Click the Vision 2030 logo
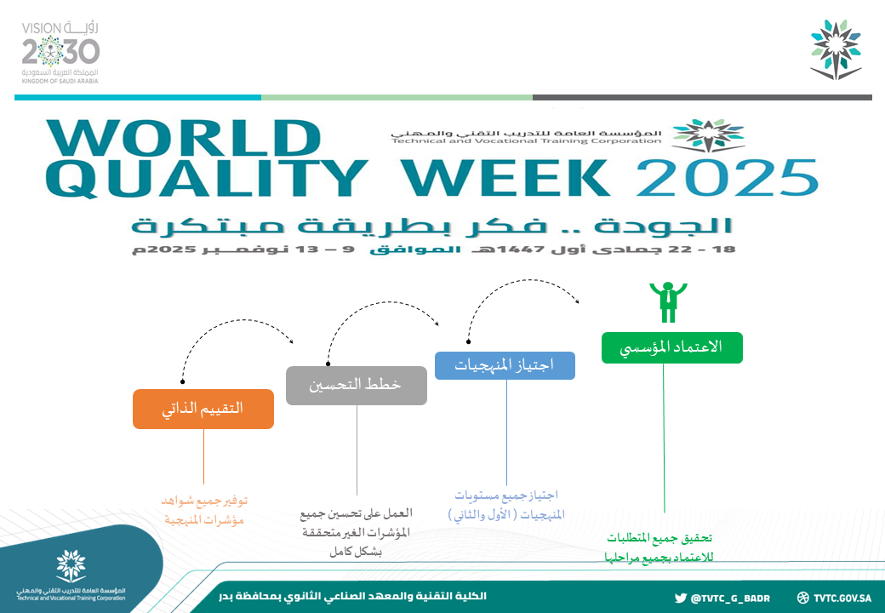tap(60, 53)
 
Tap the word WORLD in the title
tap(184, 138)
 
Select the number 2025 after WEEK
tap(728, 178)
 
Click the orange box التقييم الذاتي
tap(203, 409)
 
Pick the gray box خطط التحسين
tap(357, 386)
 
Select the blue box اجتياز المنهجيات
tap(505, 365)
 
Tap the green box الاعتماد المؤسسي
tap(671, 347)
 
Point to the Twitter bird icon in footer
tap(681, 598)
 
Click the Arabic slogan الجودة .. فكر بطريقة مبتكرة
tap(431, 226)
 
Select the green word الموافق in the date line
tap(415, 249)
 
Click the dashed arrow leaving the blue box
tap(522, 281)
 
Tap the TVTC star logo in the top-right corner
tap(836, 49)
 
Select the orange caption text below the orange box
tap(203, 510)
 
